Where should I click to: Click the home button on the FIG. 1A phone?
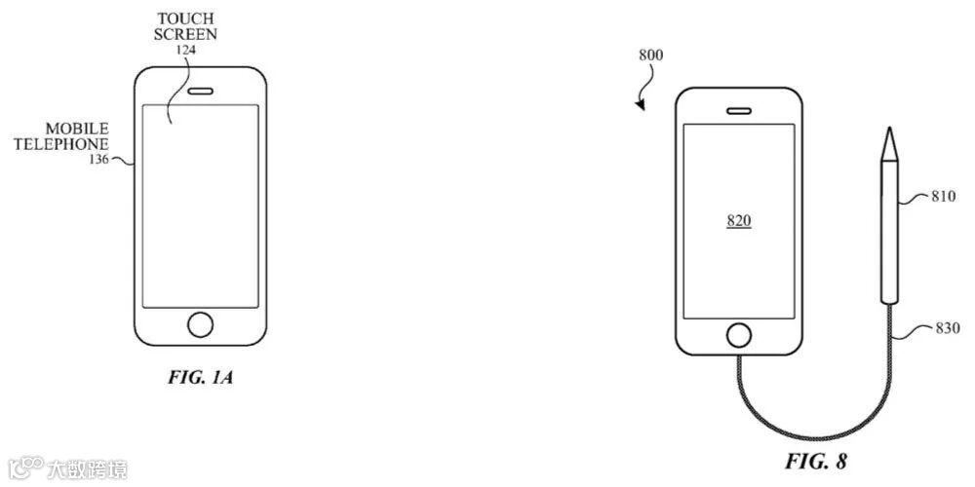pos(201,324)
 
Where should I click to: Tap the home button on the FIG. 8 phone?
pos(739,334)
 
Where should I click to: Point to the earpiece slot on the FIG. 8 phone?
pos(739,111)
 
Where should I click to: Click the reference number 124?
pos(185,49)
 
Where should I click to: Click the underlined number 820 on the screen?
pos(738,221)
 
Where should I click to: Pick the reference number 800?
pos(651,56)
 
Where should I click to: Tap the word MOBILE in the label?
pos(76,129)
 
